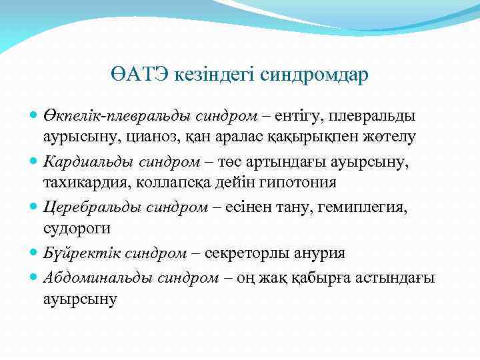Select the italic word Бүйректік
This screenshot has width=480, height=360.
tap(73, 253)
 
